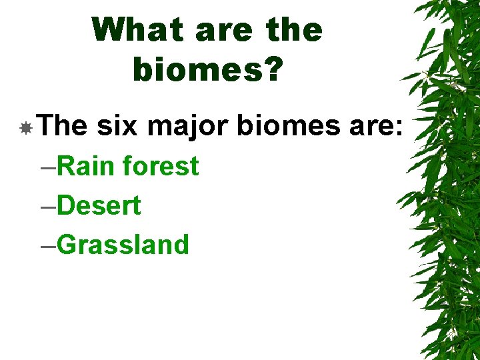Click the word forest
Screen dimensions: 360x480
click(x=161, y=166)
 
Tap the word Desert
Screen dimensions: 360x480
click(x=99, y=205)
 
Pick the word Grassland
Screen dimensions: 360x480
click(x=123, y=245)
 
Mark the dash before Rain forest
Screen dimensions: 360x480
click(x=48, y=167)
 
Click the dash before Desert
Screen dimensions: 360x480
click(x=48, y=207)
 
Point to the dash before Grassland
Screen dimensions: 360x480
click(x=48, y=246)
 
